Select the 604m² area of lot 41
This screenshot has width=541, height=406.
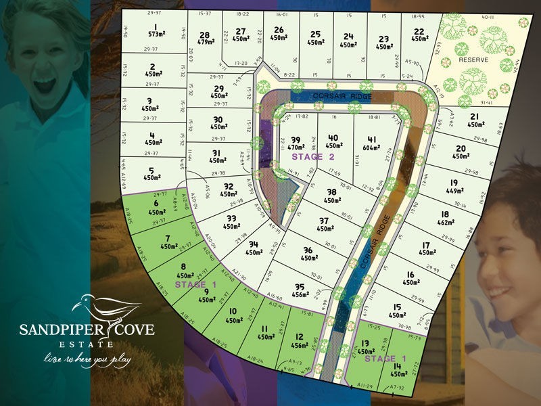tap(373, 147)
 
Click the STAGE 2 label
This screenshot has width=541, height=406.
tap(313, 157)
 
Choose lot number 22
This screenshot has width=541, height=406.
tap(419, 31)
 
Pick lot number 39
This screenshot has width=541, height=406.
tap(296, 137)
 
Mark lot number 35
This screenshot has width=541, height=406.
tap(300, 286)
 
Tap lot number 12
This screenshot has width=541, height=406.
tap(300, 336)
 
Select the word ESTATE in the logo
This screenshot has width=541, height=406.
tap(87, 344)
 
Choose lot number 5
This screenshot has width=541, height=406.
tap(153, 171)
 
